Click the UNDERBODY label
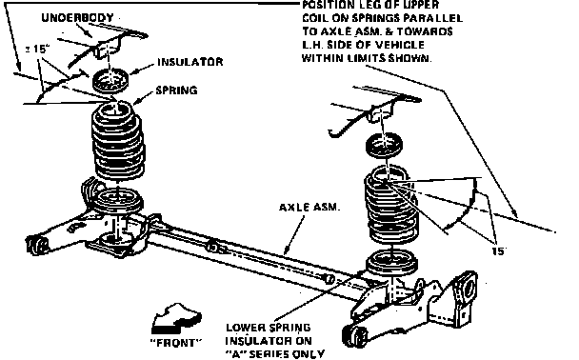(x=77, y=18)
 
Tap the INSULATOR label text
(x=190, y=62)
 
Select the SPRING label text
(x=176, y=90)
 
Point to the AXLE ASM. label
(x=309, y=207)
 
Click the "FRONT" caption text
(x=176, y=343)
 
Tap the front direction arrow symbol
(x=176, y=318)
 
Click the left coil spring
(x=118, y=141)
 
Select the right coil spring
(x=391, y=204)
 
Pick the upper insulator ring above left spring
(x=110, y=81)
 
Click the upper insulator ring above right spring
(x=384, y=145)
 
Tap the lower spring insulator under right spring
(x=391, y=262)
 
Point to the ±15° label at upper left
(x=38, y=50)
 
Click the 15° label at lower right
(x=498, y=251)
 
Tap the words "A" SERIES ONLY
(x=274, y=353)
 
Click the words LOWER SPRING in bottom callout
(x=269, y=328)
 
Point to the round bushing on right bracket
(x=468, y=289)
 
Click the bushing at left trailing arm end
(x=37, y=246)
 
